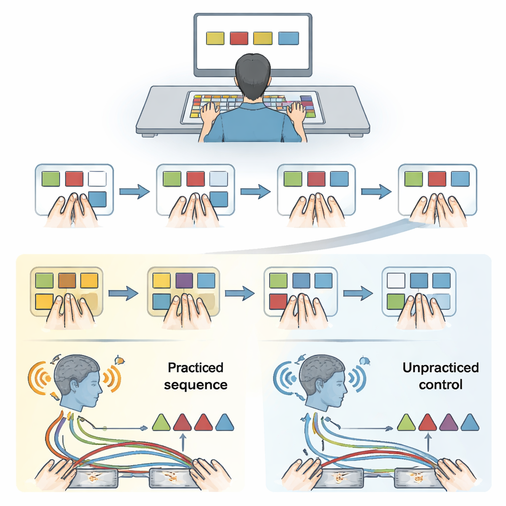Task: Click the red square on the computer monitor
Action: [x=239, y=38]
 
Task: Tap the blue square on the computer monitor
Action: [x=288, y=38]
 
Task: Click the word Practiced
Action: [x=196, y=368]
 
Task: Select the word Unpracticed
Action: [x=440, y=368]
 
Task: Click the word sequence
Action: [x=196, y=385]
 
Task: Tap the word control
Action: [x=440, y=384]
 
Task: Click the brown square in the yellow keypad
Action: [x=67, y=281]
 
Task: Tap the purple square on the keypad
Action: [x=184, y=281]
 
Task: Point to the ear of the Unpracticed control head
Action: [x=321, y=384]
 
